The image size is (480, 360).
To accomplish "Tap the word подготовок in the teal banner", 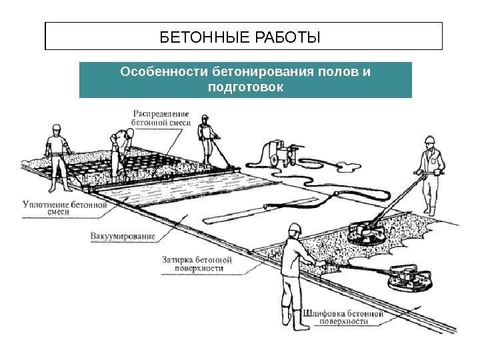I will point(245,87).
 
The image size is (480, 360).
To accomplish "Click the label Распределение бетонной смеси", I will point(161,117).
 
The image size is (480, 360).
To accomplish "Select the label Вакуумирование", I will point(122,235).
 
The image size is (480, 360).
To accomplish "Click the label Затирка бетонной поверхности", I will point(198,264).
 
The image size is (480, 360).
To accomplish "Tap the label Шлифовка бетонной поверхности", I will point(342,316).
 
